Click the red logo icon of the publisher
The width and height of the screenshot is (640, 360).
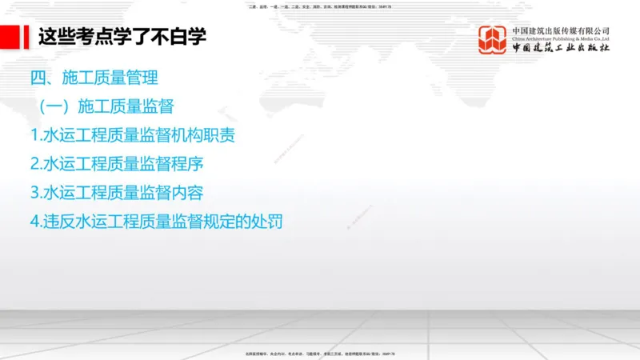492,39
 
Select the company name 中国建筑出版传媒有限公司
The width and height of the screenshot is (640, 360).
561,30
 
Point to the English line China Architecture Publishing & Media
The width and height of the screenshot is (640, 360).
561,38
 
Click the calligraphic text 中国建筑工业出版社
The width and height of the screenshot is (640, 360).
561,48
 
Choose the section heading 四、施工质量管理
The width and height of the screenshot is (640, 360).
94,78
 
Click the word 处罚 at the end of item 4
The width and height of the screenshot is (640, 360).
266,222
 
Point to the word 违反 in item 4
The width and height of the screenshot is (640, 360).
58,222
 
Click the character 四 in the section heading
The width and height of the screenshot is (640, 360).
38,78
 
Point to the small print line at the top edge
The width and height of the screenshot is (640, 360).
320,6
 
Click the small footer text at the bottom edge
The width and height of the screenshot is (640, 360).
320,353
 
